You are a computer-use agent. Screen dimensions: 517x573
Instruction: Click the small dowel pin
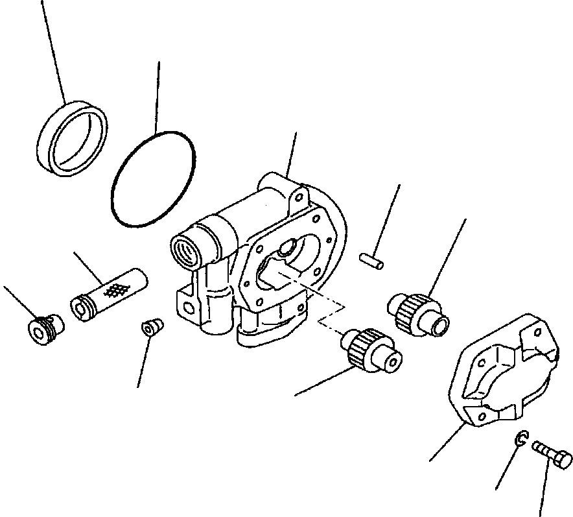click(x=372, y=259)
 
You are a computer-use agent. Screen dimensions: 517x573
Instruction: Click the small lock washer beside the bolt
click(x=521, y=440)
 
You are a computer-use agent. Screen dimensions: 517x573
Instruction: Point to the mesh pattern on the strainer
click(x=115, y=291)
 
